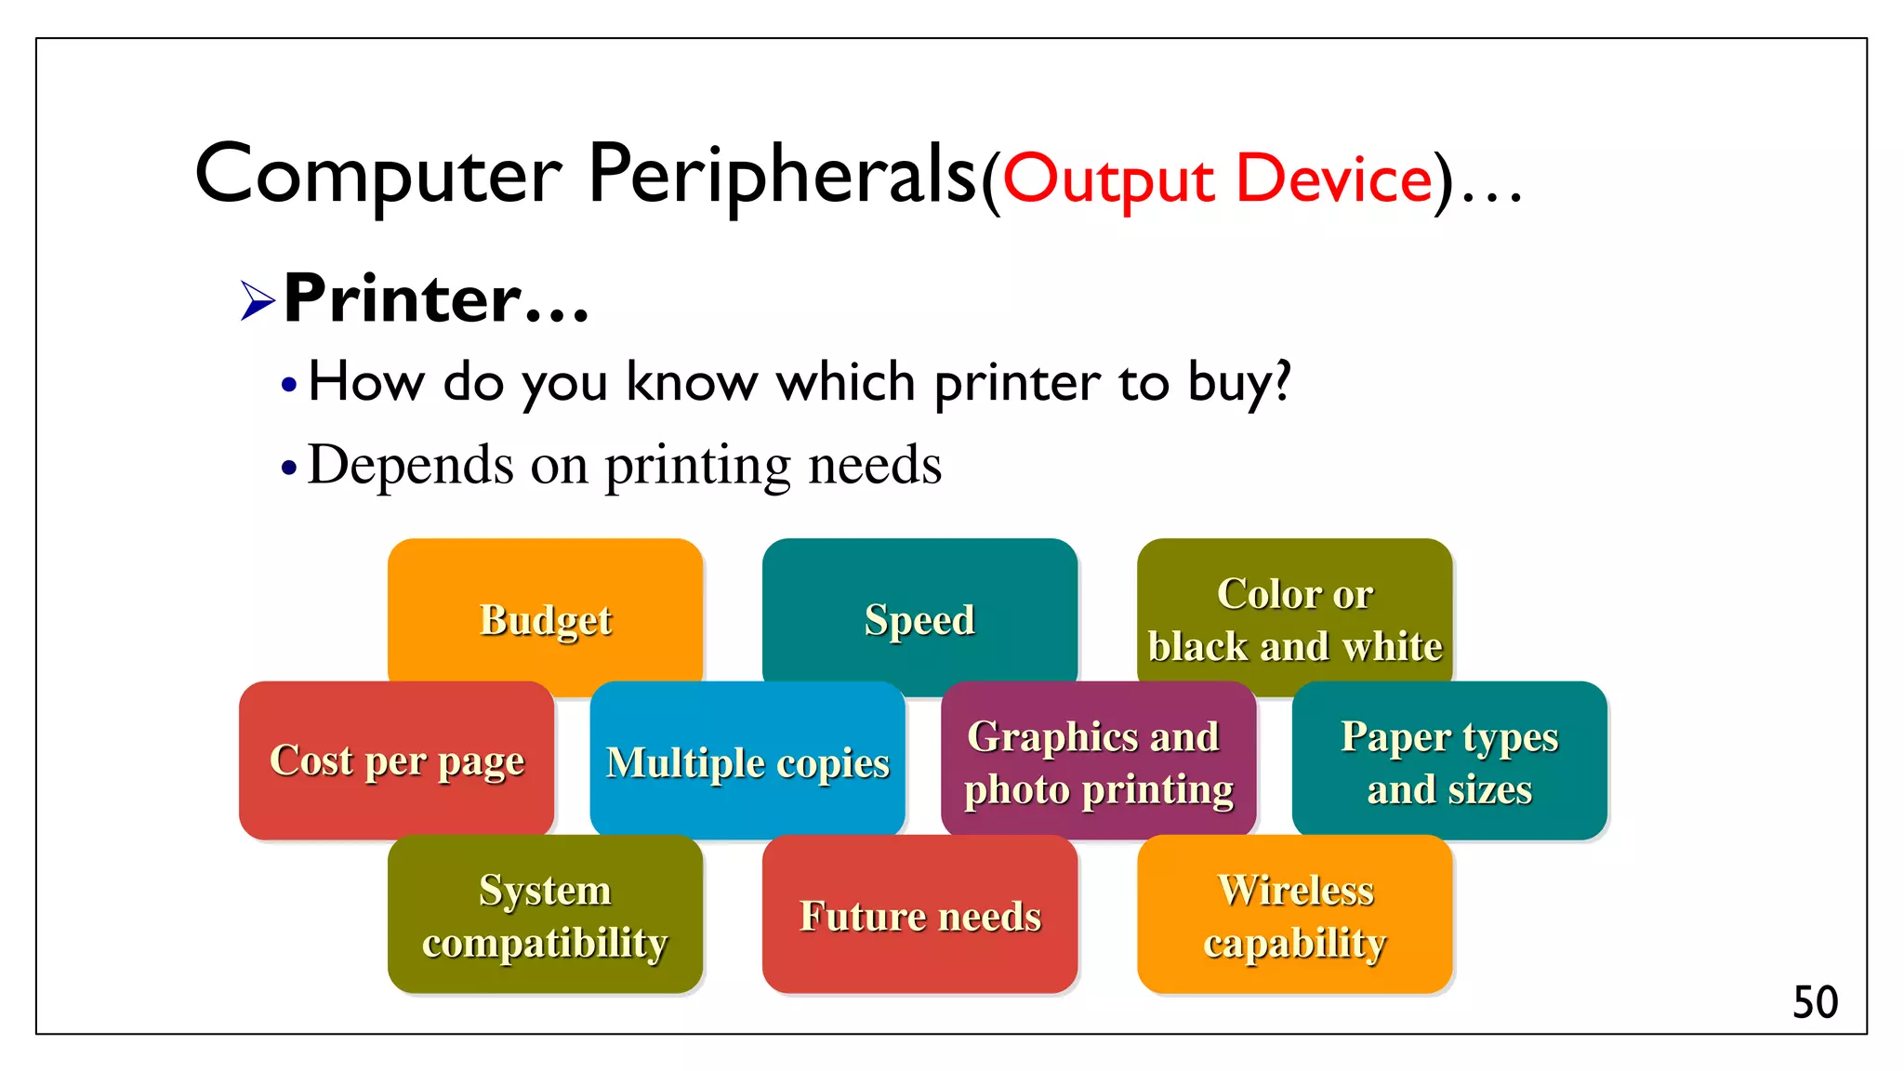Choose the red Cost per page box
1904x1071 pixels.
click(397, 760)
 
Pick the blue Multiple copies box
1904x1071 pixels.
click(747, 760)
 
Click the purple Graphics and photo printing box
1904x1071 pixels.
click(1098, 760)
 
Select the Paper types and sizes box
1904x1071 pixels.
click(1449, 760)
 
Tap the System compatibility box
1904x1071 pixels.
click(545, 915)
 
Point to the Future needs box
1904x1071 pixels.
click(919, 915)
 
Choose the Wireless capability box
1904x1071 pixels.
click(1294, 915)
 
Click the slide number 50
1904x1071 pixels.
click(1815, 1002)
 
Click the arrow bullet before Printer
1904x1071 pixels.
click(258, 300)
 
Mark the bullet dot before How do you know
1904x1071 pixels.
click(289, 384)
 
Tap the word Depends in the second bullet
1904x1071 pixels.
click(410, 466)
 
